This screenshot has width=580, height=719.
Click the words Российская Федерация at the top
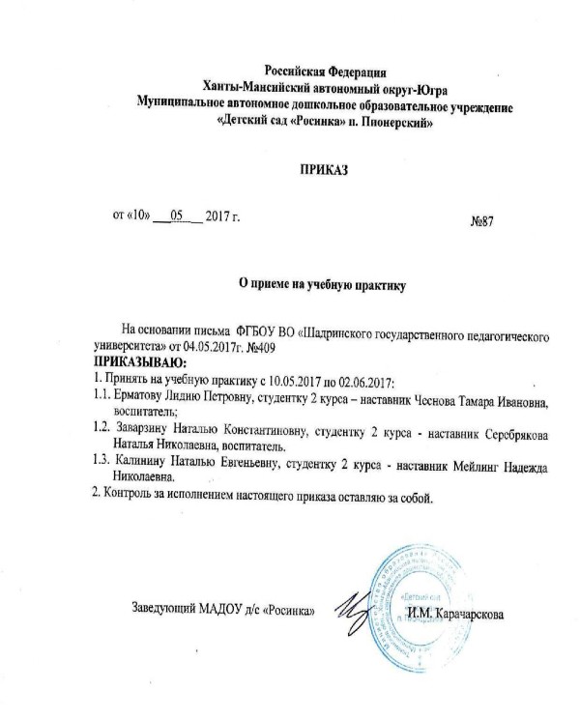click(326, 71)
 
